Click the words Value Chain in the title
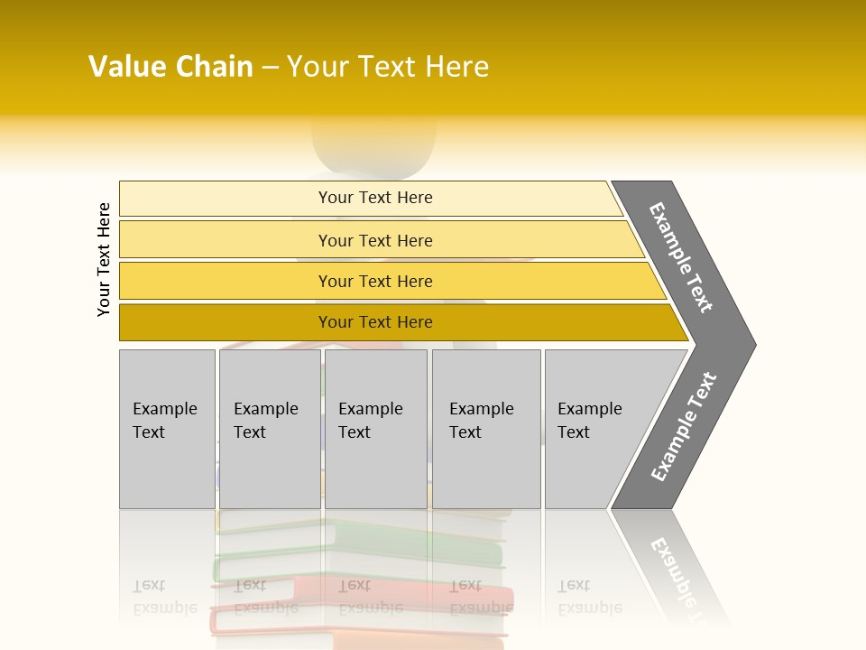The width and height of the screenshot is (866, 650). [170, 66]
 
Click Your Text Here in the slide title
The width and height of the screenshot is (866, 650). [388, 66]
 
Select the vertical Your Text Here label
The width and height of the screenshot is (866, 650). [104, 259]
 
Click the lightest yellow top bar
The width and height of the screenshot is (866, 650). [375, 198]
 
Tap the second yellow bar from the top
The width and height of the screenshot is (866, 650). [375, 240]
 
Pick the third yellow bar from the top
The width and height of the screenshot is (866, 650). [375, 281]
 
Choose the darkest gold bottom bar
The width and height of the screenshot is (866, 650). [375, 322]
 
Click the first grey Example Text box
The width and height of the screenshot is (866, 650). [167, 429]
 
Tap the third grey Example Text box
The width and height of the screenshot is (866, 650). [375, 429]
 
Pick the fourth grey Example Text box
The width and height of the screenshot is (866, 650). [486, 429]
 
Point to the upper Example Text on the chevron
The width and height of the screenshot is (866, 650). [681, 257]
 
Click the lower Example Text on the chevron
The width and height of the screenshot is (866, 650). [684, 427]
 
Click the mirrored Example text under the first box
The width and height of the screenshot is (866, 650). [165, 597]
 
